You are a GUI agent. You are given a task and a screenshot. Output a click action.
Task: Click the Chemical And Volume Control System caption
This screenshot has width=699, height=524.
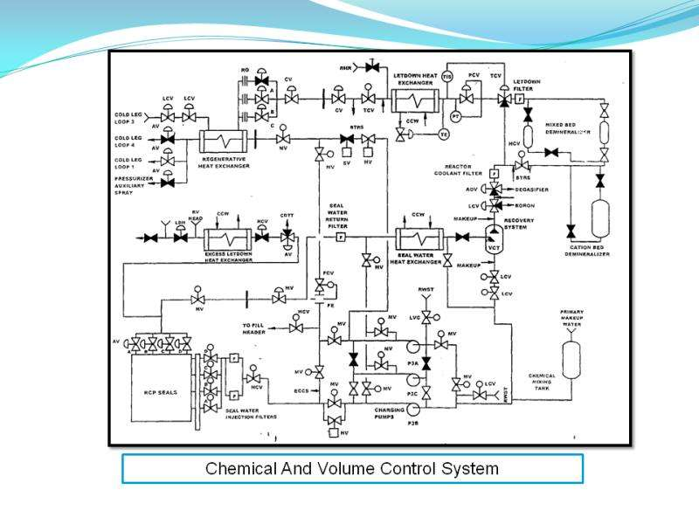point(352,469)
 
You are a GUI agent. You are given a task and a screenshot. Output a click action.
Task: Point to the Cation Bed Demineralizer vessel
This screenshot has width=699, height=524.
point(600,218)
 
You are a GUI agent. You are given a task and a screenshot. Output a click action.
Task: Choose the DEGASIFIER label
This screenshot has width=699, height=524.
point(531,189)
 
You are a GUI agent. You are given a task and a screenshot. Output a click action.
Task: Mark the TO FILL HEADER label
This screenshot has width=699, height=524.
point(260,329)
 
